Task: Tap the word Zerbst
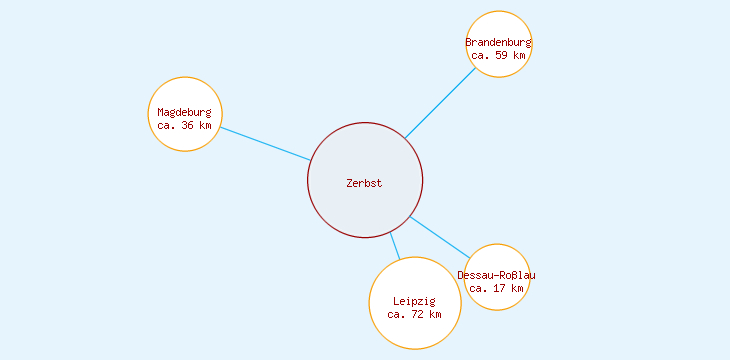[364, 183]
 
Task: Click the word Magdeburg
[184, 112]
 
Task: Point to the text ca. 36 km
[184, 126]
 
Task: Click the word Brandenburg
[499, 42]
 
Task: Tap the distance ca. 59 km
[499, 56]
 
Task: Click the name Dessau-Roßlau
[497, 275]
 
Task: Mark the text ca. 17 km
[497, 288]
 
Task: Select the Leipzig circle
[415, 330]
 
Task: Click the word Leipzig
[414, 301]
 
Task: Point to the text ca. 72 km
[414, 315]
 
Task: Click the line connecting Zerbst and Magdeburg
[265, 143]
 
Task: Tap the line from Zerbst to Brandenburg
[440, 102]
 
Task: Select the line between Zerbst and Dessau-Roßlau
[441, 237]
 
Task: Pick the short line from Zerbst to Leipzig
[395, 246]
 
